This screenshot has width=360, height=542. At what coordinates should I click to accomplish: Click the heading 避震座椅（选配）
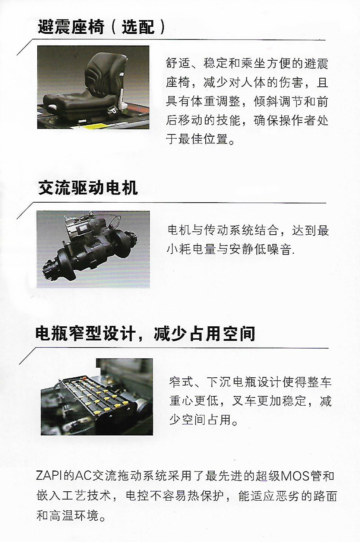point(101,27)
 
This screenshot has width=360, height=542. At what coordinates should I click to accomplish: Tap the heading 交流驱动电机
point(88,188)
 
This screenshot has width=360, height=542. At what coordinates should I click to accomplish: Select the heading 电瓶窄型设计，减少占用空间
point(145,334)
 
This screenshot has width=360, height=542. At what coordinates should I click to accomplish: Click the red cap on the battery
point(84,377)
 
